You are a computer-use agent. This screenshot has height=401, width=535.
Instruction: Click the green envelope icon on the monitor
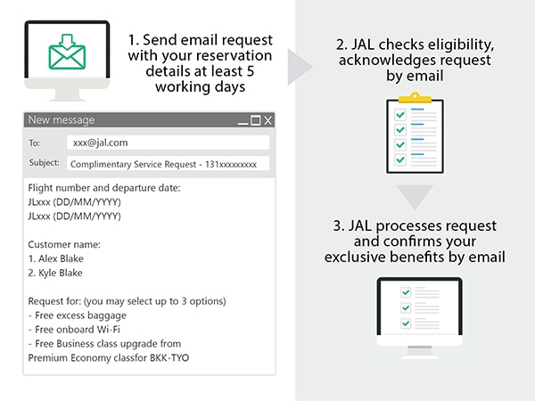click(67, 52)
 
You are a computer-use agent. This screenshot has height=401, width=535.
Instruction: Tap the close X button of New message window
click(267, 120)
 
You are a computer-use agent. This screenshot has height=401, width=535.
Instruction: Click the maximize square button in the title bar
click(256, 120)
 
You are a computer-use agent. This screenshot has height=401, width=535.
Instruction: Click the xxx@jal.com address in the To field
click(100, 143)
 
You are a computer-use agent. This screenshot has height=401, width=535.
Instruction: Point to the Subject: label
click(44, 163)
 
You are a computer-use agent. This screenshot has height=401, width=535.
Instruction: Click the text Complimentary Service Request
click(133, 164)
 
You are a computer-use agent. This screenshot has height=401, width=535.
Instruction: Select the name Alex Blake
click(61, 258)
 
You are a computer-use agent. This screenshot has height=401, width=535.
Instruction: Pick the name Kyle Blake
click(61, 273)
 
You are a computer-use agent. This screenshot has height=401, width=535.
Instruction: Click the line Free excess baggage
click(80, 315)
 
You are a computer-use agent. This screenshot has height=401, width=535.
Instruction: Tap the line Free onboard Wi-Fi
click(78, 330)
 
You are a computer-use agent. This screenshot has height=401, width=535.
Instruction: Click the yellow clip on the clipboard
click(415, 97)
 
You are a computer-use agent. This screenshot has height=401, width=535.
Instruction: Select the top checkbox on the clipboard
click(400, 115)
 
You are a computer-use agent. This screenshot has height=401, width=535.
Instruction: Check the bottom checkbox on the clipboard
click(400, 160)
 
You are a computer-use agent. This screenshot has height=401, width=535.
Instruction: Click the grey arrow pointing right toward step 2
click(298, 67)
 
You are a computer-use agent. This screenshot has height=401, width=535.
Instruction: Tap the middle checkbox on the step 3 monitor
click(406, 308)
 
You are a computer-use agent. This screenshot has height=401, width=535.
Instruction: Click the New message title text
click(62, 120)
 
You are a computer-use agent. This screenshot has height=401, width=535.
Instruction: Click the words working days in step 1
click(201, 87)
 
